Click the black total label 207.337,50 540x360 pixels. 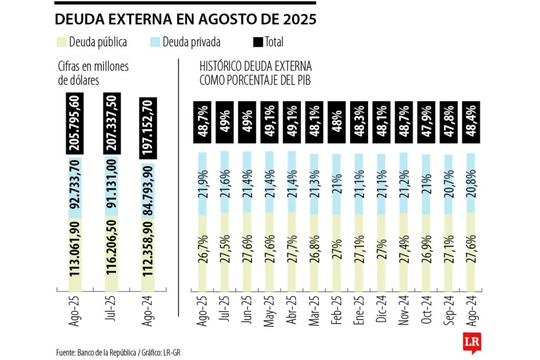coord(113,123)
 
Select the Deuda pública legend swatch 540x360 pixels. coord(61,42)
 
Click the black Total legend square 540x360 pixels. coord(259,42)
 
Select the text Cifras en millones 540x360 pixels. coord(93,66)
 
